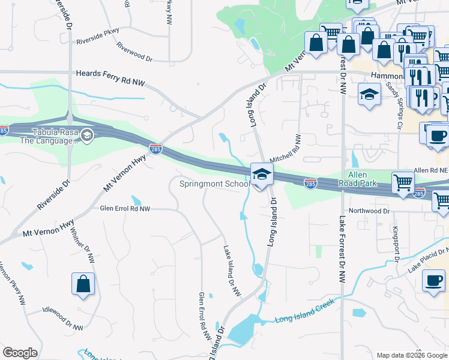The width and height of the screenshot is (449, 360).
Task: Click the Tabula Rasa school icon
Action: point(87,134)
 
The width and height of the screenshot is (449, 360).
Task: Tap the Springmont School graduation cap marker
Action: point(261,175)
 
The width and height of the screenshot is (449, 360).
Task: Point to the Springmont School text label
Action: point(214,184)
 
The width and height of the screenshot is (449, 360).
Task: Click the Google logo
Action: point(20,353)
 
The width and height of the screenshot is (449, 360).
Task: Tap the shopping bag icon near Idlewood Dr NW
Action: point(83,284)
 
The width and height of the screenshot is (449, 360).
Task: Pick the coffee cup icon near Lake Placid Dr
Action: point(433,281)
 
